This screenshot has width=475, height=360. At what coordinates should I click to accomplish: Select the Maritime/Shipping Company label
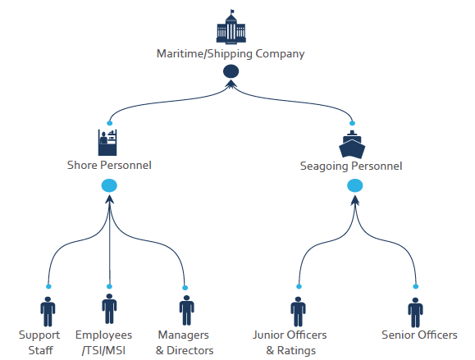231,54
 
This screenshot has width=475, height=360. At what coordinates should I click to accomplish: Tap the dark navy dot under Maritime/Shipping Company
231,71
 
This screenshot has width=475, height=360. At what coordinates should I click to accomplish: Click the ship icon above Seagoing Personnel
352,144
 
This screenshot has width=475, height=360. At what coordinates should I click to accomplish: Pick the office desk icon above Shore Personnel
107,143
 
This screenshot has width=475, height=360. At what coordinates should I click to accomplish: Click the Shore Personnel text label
109,165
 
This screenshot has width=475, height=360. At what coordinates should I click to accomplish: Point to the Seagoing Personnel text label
351,166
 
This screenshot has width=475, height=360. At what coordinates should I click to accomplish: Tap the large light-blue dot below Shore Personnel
109,185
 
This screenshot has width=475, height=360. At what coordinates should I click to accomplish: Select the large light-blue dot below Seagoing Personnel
354,185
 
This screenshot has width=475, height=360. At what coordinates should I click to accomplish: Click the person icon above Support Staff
48,312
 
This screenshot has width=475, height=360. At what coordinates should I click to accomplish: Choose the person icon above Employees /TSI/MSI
109,308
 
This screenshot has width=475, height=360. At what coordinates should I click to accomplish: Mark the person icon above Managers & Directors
186,310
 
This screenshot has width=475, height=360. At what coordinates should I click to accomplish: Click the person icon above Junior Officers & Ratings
298,312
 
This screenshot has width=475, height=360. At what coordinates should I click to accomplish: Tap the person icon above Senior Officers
415,312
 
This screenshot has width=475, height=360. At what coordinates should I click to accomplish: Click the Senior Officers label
419,335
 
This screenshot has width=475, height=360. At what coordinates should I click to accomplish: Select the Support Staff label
39,343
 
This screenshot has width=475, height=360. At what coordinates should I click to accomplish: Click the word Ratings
296,351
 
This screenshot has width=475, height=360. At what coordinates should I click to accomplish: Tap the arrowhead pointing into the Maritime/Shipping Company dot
231,84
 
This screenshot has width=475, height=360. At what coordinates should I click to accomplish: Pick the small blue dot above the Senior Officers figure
416,286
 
